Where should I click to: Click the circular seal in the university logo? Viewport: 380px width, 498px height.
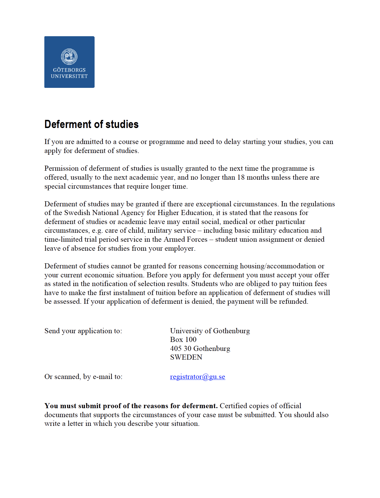[x=69, y=56]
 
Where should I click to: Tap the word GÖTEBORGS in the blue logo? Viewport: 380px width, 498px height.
[x=69, y=70]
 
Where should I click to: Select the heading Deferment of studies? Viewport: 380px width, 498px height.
[x=91, y=124]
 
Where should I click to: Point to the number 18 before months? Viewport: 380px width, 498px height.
[x=241, y=177]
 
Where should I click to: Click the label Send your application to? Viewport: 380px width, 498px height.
[x=83, y=331]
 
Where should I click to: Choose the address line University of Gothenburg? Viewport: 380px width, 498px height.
[x=210, y=331]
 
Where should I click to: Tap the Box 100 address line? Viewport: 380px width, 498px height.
[x=183, y=340]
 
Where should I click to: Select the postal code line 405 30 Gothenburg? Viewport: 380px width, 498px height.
[x=200, y=349]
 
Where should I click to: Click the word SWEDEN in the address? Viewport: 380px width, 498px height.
[x=186, y=357]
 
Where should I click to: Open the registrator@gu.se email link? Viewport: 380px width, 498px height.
[x=198, y=377]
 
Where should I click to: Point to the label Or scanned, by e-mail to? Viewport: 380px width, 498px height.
[x=83, y=377]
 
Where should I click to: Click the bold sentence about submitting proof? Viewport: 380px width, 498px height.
[x=131, y=406]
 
